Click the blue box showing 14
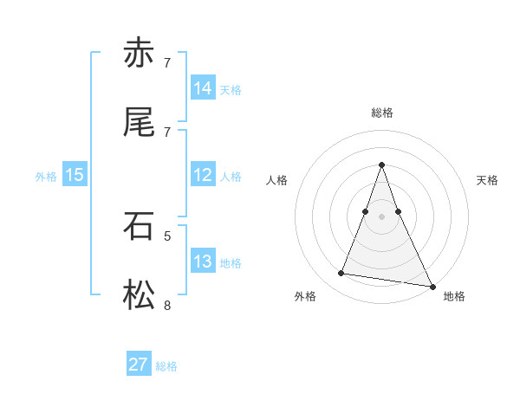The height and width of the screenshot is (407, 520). pyautogui.click(x=203, y=88)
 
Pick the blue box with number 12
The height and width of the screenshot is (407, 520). pyautogui.click(x=203, y=175)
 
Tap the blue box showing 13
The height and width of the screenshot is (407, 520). pyautogui.click(x=203, y=262)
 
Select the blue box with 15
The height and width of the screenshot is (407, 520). pyautogui.click(x=75, y=175)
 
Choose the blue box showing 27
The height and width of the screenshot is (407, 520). pyautogui.click(x=139, y=365)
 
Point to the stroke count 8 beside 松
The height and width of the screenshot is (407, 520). pyautogui.click(x=167, y=305)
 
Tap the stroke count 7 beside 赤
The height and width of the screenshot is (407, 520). pyautogui.click(x=167, y=63)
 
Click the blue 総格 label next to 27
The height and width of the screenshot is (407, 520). pyautogui.click(x=167, y=366)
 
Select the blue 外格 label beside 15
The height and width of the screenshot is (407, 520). pyautogui.click(x=46, y=177)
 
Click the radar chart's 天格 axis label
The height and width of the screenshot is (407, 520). pyautogui.click(x=488, y=180)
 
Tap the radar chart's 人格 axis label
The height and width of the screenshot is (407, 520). pyautogui.click(x=276, y=180)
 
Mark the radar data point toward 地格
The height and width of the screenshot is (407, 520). pyautogui.click(x=432, y=286)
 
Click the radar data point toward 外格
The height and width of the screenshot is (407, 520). pyautogui.click(x=341, y=274)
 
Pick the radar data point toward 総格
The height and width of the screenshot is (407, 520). pyautogui.click(x=382, y=165)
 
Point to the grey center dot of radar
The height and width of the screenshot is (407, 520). pyautogui.click(x=382, y=216)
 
